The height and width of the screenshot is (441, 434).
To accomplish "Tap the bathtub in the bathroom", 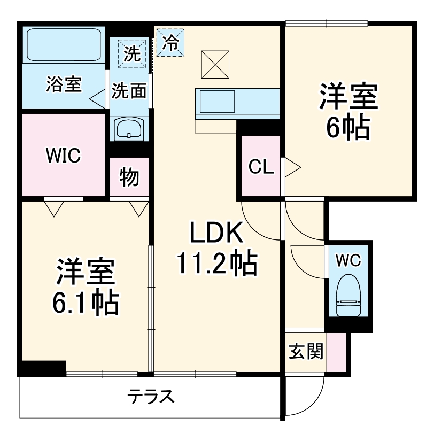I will [64, 45].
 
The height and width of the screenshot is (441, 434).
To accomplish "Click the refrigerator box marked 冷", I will [170, 42].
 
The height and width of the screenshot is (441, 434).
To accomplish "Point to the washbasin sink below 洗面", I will [129, 128].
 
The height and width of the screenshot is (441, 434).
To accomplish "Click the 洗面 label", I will [129, 91].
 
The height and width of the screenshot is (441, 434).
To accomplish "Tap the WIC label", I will [63, 156].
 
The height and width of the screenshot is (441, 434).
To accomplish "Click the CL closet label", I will [261, 167].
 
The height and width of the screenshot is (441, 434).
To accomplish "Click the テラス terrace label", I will [151, 397].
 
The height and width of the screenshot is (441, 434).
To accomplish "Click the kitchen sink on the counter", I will [217, 101].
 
